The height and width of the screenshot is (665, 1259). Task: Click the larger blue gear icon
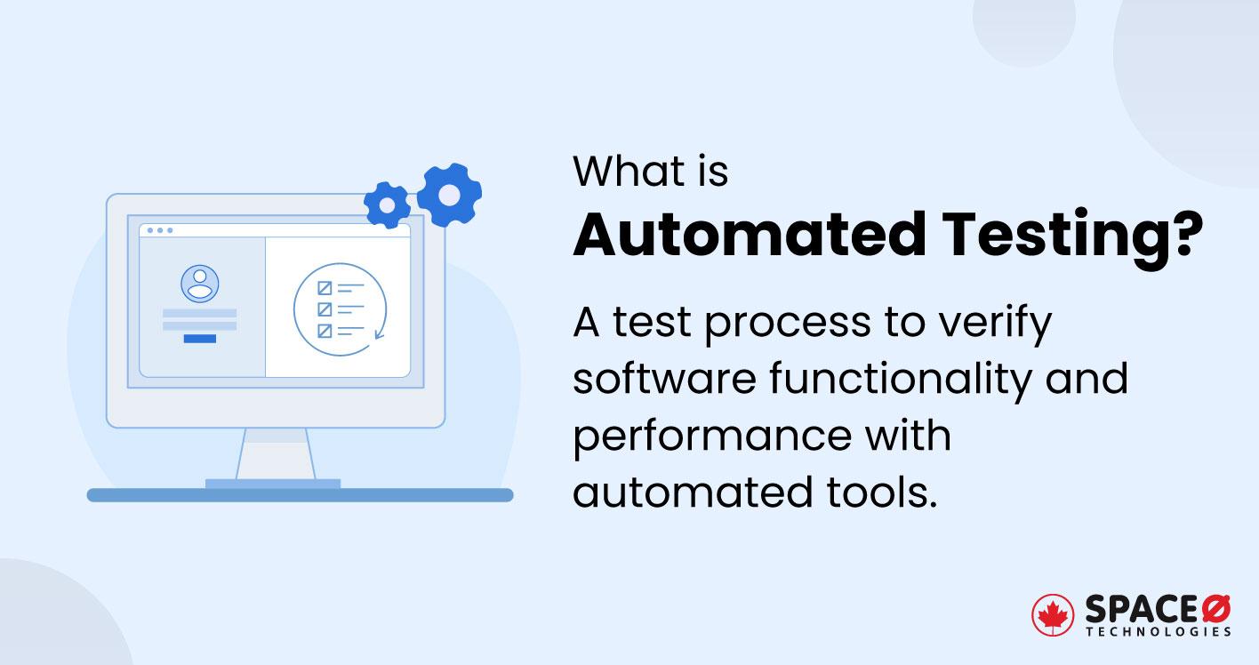pos(449,195)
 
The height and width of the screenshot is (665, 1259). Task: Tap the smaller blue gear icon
pos(388,206)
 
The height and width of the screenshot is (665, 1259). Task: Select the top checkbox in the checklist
pos(325,287)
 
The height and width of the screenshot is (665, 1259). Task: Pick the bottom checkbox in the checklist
pos(325,331)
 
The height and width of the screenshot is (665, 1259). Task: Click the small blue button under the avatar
pos(199,338)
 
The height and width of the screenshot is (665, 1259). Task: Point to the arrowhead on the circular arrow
pos(380,335)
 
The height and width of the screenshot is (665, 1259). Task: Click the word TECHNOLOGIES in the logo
pos(1159,631)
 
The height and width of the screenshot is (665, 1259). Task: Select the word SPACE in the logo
pos(1141,609)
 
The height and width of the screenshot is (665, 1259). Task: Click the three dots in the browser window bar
pos(160,230)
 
